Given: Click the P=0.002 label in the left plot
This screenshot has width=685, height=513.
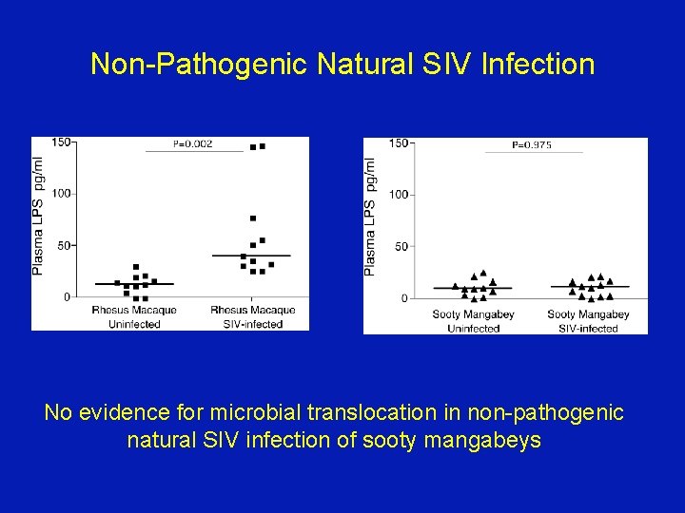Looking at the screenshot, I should click(193, 144).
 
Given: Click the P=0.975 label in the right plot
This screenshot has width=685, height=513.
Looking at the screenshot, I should click(532, 145).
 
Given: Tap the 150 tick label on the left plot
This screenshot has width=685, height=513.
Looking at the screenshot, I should click(60, 142).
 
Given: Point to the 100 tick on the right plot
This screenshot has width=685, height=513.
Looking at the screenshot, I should click(399, 195).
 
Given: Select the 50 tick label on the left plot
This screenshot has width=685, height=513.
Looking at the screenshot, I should click(63, 245).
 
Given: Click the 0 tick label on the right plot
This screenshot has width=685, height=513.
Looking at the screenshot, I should click(404, 298).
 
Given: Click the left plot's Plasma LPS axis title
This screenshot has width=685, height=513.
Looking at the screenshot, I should click(39, 216).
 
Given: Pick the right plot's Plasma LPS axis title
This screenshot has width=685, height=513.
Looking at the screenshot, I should click(371, 217).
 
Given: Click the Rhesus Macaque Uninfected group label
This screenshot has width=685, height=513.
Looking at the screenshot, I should click(134, 316).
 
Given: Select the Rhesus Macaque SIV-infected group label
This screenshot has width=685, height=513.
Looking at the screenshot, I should click(252, 316).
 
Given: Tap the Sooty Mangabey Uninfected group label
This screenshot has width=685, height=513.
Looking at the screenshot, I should click(473, 321).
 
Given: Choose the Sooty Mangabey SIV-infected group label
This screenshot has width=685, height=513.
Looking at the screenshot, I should click(588, 321).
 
